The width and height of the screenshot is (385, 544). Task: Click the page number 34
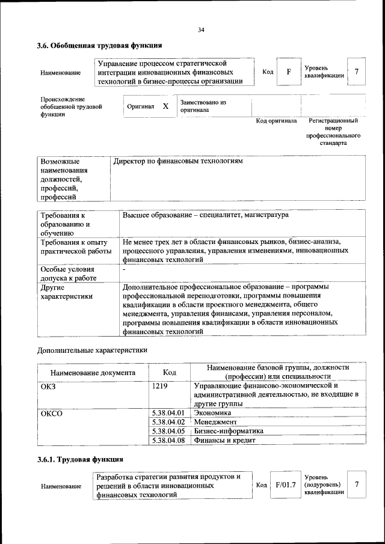point(201,30)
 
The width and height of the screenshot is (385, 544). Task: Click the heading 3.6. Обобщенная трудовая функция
point(99,45)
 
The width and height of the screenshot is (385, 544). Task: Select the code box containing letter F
point(289,72)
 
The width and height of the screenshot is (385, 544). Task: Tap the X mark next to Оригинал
point(165,106)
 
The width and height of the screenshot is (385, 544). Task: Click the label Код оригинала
point(276,121)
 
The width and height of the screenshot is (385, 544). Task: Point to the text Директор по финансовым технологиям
point(178,162)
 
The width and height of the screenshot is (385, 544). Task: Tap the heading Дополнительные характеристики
point(92,350)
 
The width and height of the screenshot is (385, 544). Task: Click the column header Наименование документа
point(93,372)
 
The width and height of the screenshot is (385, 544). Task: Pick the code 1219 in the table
point(160,385)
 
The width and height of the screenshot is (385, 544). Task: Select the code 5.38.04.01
point(168,413)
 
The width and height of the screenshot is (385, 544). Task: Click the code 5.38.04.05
point(168,431)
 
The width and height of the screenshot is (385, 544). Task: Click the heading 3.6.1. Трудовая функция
point(81,460)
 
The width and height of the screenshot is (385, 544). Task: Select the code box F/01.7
point(285,485)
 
